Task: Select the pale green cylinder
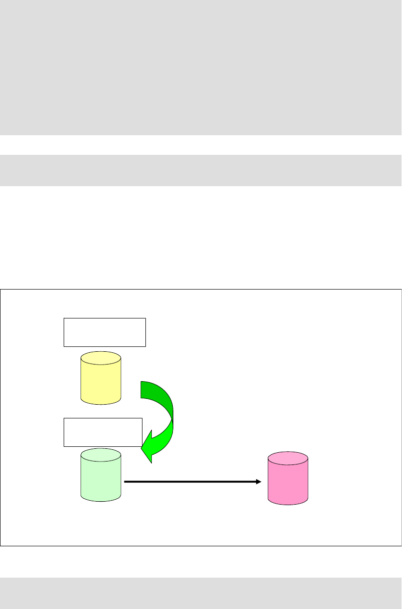[100, 478]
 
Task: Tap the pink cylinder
[288, 480]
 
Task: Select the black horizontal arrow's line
[191, 482]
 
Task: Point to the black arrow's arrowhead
[259, 482]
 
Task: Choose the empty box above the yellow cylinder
[105, 332]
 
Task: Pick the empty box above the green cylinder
[103, 432]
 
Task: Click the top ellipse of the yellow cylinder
[100, 358]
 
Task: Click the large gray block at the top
[201, 67]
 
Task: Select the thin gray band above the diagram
[201, 170]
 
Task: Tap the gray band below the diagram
[201, 593]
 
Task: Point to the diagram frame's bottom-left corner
[0, 546]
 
